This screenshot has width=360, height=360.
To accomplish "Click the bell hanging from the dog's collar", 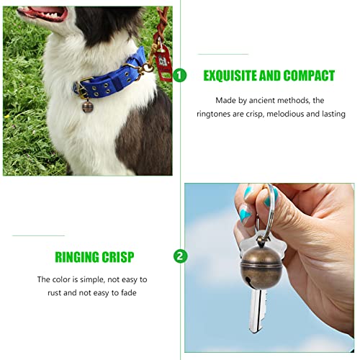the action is (88, 107).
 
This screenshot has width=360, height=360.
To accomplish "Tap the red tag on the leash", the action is (163, 63).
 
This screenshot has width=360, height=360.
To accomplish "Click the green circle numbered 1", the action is (179, 76).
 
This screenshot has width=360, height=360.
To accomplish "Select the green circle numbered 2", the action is (180, 256).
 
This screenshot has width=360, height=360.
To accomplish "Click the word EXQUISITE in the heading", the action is (230, 76).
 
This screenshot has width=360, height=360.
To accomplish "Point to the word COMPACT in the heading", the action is (309, 76).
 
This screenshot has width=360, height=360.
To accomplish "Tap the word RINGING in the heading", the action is (77, 257).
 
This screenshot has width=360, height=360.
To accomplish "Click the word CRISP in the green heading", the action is (118, 257).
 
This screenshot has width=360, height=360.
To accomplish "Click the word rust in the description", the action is (55, 293).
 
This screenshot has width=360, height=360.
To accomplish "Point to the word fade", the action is (129, 292).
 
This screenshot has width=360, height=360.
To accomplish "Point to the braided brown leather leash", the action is (161, 24).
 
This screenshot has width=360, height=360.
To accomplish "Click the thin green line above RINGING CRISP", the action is (39, 235).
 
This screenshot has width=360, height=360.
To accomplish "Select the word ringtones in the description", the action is (213, 114).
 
